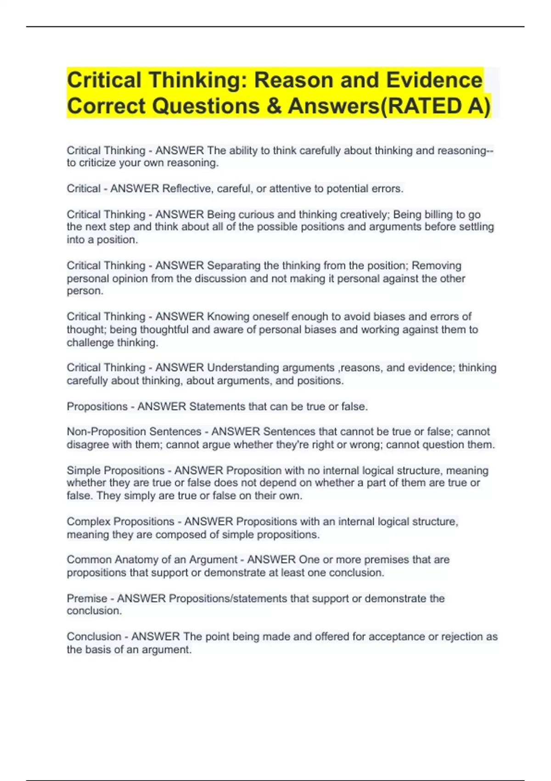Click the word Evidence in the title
434,80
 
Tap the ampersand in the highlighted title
276,106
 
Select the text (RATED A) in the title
436,106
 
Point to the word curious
257,215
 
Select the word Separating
234,266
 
